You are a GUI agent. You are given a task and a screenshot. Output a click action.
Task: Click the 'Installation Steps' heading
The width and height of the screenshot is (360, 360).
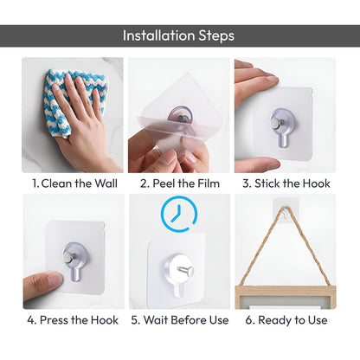[178, 35]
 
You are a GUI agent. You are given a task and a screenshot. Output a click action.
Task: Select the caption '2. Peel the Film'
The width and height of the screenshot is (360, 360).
[180, 183]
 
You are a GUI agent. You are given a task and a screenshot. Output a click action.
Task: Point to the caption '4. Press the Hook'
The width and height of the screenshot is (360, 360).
[73, 319]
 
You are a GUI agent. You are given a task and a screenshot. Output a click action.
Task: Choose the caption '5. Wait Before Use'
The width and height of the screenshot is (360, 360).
[180, 319]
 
